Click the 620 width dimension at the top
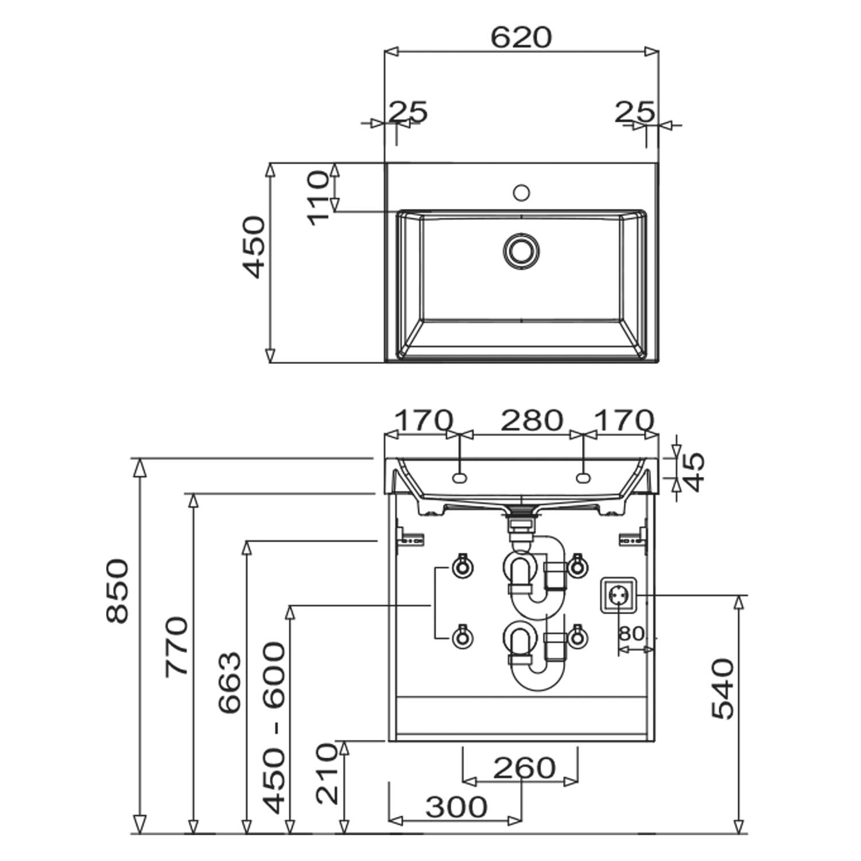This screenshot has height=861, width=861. pyautogui.click(x=521, y=37)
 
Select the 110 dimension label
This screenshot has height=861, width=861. pyautogui.click(x=319, y=198)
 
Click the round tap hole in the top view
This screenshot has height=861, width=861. pyautogui.click(x=521, y=192)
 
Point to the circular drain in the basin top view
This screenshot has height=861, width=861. pyautogui.click(x=521, y=251)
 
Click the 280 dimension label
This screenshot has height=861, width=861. pyautogui.click(x=532, y=421)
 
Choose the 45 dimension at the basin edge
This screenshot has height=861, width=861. pyautogui.click(x=694, y=472)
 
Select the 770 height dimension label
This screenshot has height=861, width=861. pyautogui.click(x=177, y=646)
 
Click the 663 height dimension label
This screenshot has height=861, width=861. pyautogui.click(x=230, y=682)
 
